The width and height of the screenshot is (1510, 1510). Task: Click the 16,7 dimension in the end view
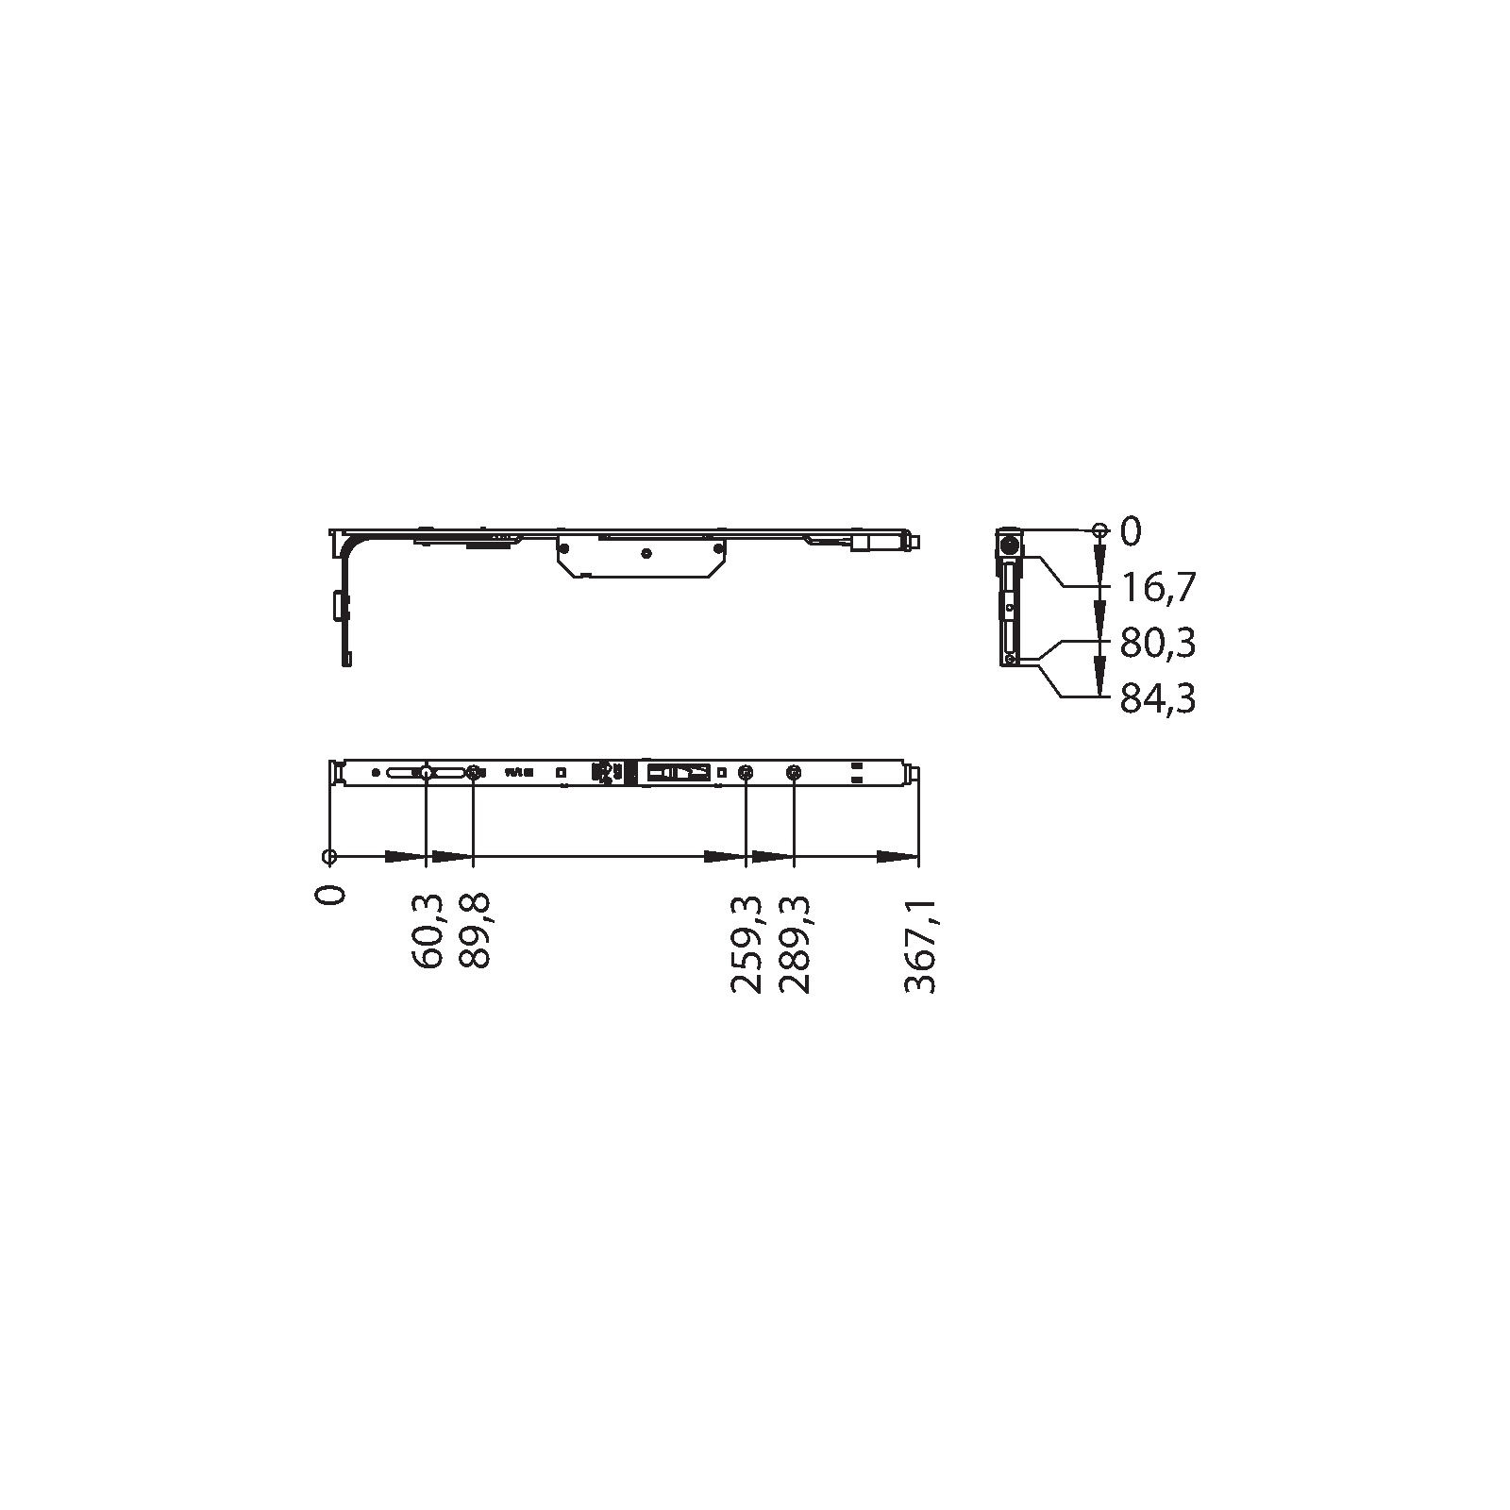point(1158,588)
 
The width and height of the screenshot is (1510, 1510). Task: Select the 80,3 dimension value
point(1158,644)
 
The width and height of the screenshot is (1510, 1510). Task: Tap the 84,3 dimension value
point(1158,699)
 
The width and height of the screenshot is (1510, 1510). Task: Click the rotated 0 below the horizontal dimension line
point(330,894)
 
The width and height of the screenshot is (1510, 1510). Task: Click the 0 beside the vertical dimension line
point(1131,532)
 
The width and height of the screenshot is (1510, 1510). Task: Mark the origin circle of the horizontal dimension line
point(329,857)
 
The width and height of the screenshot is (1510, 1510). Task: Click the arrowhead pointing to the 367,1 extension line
point(897,857)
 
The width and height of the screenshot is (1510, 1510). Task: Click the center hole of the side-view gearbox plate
point(646,552)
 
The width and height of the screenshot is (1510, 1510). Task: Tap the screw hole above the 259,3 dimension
point(747,773)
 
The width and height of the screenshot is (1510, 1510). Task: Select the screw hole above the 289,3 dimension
point(794,773)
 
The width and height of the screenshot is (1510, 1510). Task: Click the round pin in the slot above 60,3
point(427,772)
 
